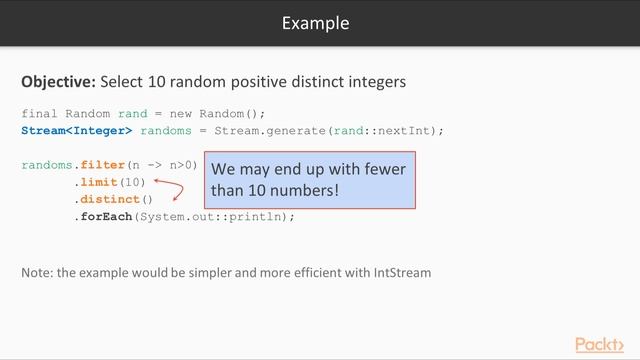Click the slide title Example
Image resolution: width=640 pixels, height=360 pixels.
point(315,22)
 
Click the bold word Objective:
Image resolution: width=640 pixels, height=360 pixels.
point(58,81)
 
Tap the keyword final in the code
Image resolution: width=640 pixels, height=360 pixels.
point(39,113)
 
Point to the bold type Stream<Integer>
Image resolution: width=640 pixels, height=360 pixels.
point(77,130)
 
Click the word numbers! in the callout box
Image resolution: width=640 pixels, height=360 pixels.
point(305,189)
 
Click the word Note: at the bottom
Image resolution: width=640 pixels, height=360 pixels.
point(37,272)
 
